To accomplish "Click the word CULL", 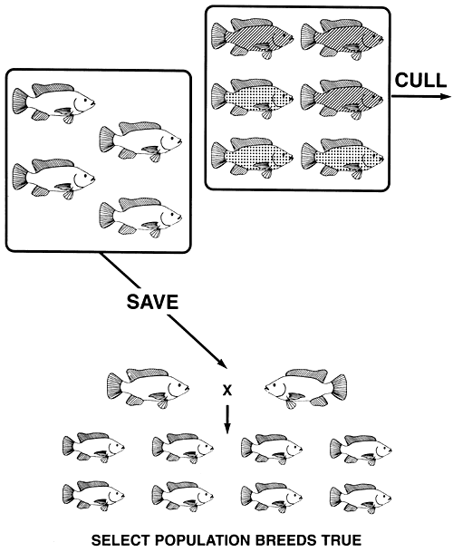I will pyautogui.click(x=418, y=79).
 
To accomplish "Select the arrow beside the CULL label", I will pyautogui.click(x=422, y=96).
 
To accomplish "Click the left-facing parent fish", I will pyautogui.click(x=304, y=387).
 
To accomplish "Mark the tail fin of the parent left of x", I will pyautogui.click(x=116, y=384).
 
